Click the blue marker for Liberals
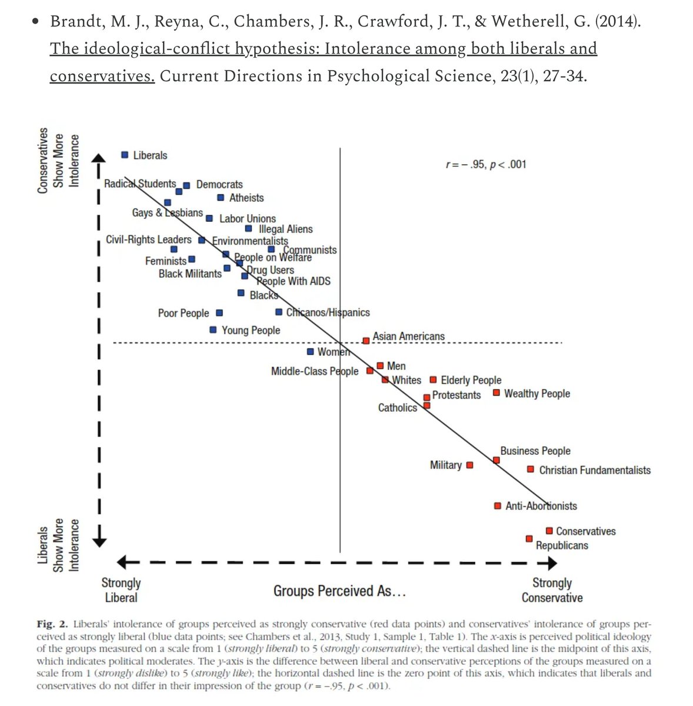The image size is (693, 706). pos(125,155)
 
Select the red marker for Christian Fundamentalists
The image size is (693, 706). pos(530,469)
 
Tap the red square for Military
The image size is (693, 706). pos(469,465)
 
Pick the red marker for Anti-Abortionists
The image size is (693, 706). pos(498,506)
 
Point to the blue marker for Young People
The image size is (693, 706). pos(213,330)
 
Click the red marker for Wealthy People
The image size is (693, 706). pos(496,392)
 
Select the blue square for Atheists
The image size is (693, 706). pos(221,198)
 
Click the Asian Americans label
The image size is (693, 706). pos(408,337)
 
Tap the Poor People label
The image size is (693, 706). pos(183,313)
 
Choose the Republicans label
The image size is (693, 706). pos(561,545)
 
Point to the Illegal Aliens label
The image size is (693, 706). pos(285,229)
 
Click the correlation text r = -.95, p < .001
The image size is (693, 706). pos(486,164)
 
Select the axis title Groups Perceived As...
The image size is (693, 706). pos(339,591)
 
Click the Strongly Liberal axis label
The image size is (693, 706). pos(121,590)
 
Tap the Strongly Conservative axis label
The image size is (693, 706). pos(552,590)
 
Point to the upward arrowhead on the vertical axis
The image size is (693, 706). pos(99,158)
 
